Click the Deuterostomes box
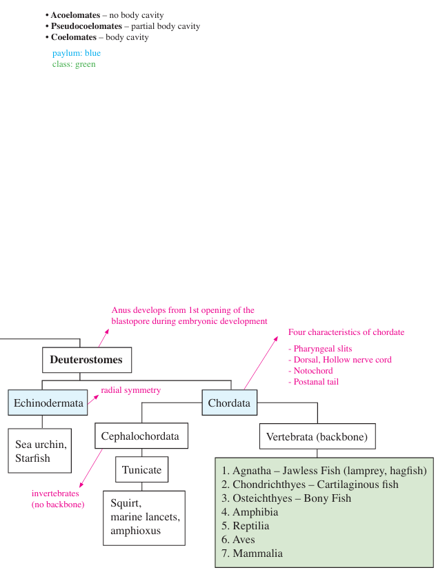(87, 360)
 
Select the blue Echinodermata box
(48, 403)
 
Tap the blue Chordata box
(229, 403)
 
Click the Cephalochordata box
(141, 436)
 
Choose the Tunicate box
(142, 469)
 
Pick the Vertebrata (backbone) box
(317, 436)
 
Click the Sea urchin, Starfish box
(40, 451)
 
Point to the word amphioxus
(135, 531)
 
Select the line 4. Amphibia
(250, 512)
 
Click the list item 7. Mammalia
(252, 553)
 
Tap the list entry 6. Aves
(238, 540)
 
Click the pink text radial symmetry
(130, 390)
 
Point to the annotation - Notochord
(310, 371)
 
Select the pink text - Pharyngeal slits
(320, 349)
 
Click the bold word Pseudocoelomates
(86, 26)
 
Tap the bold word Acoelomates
(75, 15)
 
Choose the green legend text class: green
(74, 64)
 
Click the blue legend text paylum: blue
(77, 54)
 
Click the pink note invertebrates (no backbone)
(58, 499)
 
